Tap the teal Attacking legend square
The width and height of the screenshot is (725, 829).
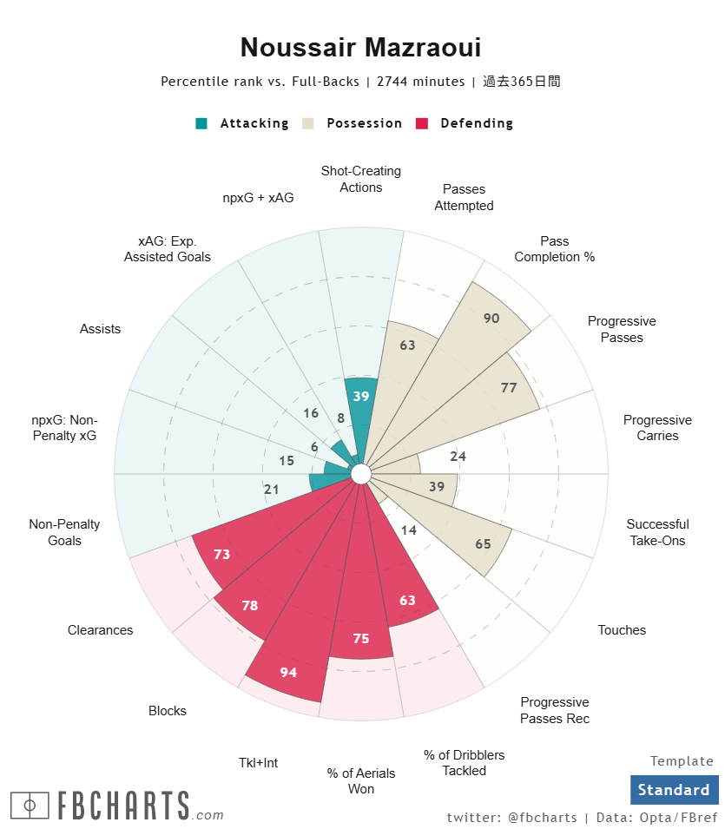[201, 123]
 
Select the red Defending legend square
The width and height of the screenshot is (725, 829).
[423, 123]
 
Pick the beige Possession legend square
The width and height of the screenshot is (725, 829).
[308, 123]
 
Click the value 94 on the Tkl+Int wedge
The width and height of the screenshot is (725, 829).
[289, 672]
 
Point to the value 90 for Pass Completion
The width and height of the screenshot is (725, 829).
[491, 319]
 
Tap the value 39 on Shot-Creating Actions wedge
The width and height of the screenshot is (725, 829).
[361, 396]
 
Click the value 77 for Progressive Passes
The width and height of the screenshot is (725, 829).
[509, 388]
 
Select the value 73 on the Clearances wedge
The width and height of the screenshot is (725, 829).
[221, 554]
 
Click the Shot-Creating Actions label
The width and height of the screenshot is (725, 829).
[360, 179]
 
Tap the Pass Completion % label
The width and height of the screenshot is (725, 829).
[554, 249]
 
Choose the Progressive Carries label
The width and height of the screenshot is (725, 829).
[657, 428]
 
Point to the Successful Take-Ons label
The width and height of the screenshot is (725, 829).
[657, 532]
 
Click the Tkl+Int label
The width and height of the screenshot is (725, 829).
[259, 763]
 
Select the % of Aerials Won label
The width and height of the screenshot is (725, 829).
[361, 780]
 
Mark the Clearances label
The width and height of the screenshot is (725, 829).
[101, 630]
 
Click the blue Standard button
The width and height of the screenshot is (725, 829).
[674, 790]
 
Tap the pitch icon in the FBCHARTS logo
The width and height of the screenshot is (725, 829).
[30, 806]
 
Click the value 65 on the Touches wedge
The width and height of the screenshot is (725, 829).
[483, 544]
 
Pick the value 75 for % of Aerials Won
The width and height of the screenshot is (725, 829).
[361, 639]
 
